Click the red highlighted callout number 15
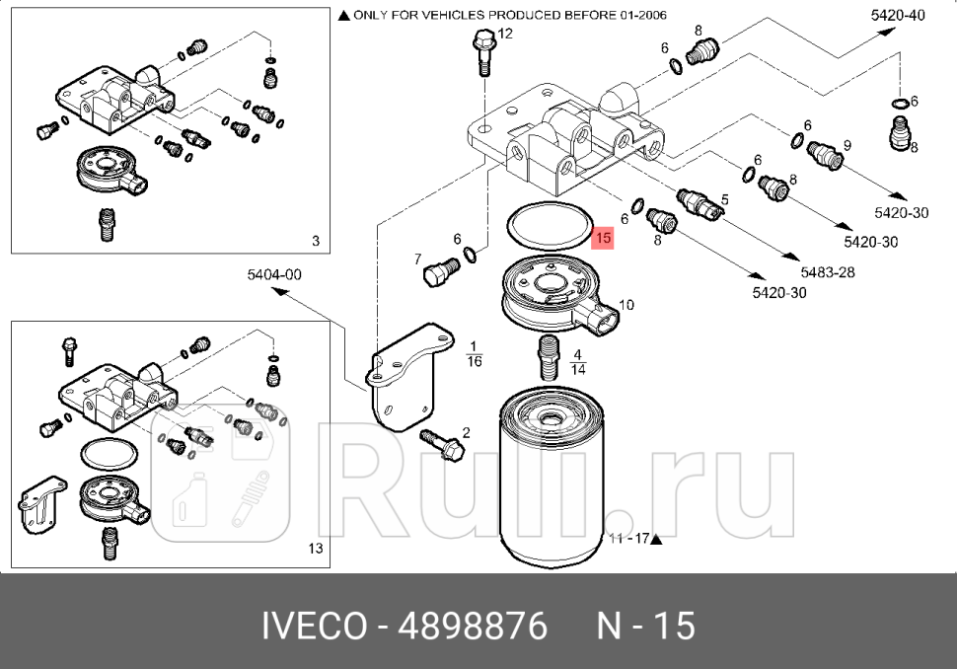(x=603, y=238)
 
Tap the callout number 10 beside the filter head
(x=626, y=305)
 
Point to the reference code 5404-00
(x=274, y=275)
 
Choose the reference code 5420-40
(x=898, y=15)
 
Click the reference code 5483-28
(x=827, y=272)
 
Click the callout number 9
(x=847, y=145)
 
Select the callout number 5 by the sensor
(x=724, y=199)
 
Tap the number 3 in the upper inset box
(x=315, y=241)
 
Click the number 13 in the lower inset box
(x=315, y=549)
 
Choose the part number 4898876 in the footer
(x=472, y=626)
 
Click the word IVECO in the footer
(x=314, y=626)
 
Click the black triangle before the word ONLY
(x=343, y=16)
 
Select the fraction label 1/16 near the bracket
(x=474, y=353)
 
